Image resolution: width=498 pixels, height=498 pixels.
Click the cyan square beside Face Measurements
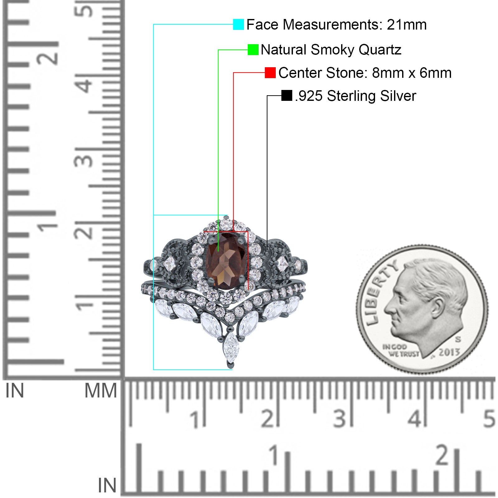(x=238, y=24)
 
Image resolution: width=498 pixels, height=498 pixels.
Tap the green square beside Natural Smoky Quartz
(x=253, y=49)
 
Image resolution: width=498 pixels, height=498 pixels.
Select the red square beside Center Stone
(x=270, y=73)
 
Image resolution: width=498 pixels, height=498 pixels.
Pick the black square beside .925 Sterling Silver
(x=287, y=96)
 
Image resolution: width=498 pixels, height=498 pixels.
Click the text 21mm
(x=406, y=25)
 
